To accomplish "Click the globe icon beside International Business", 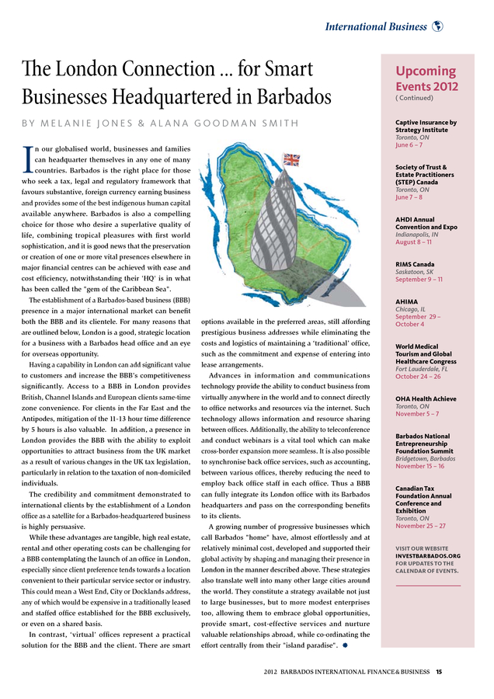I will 437,26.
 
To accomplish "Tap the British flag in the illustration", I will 291,160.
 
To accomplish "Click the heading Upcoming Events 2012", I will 426,78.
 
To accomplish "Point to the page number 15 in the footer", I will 439,672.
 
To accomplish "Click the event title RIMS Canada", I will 415,264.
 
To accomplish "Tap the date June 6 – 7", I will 409,144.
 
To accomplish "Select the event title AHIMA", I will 408,301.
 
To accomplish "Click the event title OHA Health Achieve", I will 426,398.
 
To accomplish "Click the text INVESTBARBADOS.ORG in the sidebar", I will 428,555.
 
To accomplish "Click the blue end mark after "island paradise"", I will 344,645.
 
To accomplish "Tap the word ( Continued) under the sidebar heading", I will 415,98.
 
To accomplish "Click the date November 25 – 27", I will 420,526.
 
